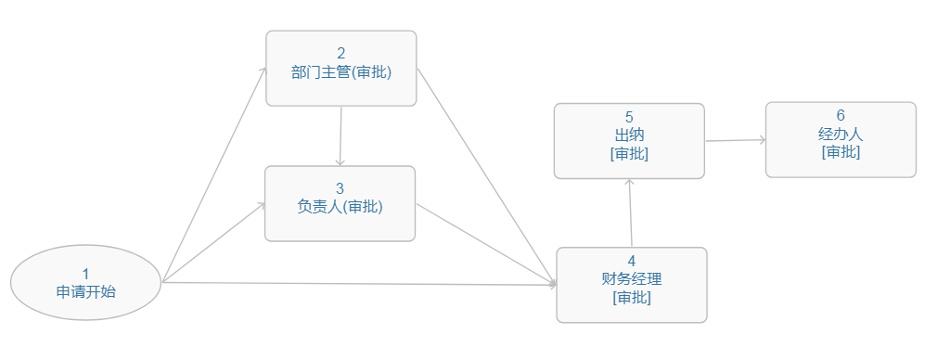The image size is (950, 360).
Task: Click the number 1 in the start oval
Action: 85,274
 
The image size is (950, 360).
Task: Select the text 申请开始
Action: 85,291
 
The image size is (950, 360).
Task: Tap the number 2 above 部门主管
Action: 340,54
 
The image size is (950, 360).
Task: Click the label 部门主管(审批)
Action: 340,72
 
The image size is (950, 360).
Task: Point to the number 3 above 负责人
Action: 340,188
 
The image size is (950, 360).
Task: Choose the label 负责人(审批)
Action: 340,207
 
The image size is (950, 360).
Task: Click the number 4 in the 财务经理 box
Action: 631,261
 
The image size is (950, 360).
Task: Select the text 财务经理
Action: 631,278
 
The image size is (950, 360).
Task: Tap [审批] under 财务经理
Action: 631,297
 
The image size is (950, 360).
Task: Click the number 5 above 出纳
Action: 629,117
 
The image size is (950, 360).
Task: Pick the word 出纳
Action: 629,135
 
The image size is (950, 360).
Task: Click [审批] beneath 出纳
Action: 629,153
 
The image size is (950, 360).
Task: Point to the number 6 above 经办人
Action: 841,116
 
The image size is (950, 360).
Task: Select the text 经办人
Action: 841,134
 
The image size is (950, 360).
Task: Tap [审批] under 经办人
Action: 841,151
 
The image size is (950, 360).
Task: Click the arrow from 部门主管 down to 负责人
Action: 340,135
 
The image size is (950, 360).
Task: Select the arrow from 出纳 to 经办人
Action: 735,140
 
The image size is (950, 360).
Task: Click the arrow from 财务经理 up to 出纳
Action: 630,213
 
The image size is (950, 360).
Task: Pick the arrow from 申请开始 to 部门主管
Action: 213,175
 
